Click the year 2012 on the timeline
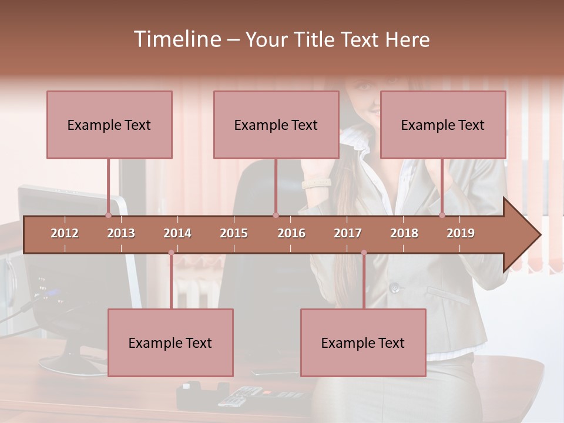point(65,233)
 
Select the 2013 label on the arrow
point(121,233)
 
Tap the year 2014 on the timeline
point(177,233)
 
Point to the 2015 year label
point(234,233)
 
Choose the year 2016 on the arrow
point(291,233)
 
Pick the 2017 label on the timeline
point(348,233)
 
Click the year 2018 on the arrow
point(404,233)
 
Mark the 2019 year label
point(461,233)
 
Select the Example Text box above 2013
point(109,125)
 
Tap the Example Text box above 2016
point(276,125)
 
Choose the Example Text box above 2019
point(443,125)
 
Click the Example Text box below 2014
point(170,343)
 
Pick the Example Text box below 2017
point(363,343)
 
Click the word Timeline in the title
point(176,39)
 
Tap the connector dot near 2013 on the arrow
point(108,215)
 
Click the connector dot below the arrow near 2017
point(364,253)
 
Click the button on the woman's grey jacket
point(395,288)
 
